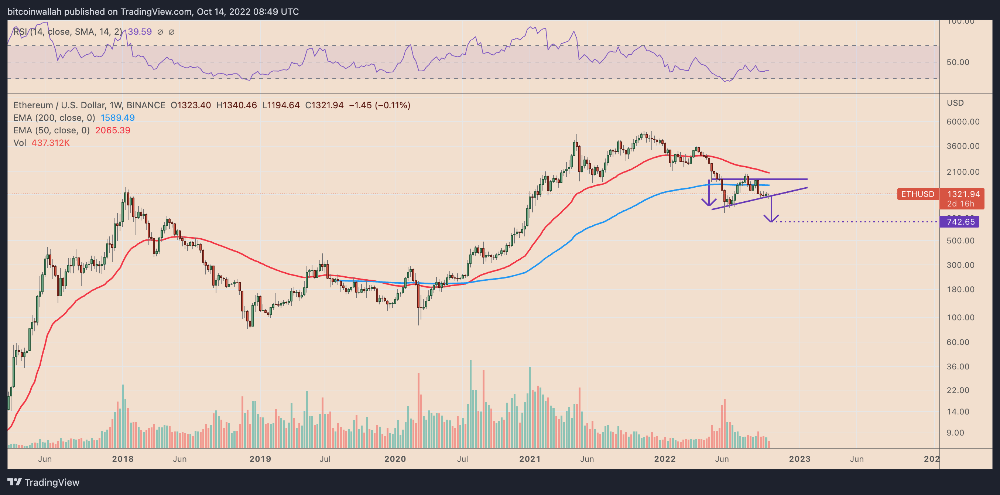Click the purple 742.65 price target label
coord(960,222)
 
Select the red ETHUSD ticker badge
coord(917,194)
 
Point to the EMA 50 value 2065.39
coord(113,130)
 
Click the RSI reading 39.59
coord(140,32)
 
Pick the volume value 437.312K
coord(51,143)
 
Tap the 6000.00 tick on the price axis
coord(963,122)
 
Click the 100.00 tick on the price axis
coord(960,318)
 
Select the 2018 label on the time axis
coord(123,459)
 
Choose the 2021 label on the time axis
coord(530,459)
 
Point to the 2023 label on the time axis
coord(799,459)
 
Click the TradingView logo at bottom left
coord(44,482)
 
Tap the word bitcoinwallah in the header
coord(35,12)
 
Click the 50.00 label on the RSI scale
coord(958,62)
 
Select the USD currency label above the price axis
coord(955,103)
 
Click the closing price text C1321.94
coord(324,105)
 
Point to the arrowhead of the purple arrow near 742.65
coord(771,221)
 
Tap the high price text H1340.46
coord(236,105)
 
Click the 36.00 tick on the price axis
coord(958,366)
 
